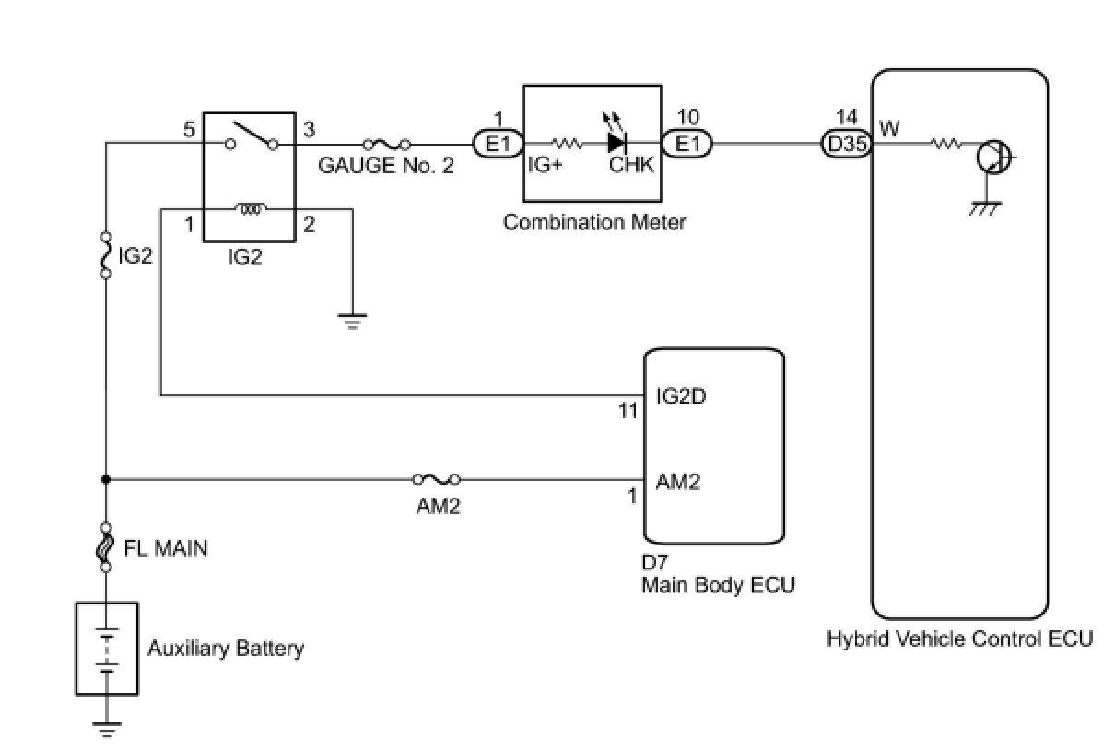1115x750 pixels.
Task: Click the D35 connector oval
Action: (846, 145)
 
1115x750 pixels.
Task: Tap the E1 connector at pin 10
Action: (687, 144)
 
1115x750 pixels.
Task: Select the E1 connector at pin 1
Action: (498, 144)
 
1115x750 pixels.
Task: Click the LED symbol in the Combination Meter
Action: (616, 135)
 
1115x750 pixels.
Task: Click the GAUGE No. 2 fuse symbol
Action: (387, 145)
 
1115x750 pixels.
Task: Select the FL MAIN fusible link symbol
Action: (106, 547)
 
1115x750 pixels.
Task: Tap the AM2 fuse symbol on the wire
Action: (437, 479)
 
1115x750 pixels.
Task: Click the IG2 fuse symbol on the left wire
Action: (106, 255)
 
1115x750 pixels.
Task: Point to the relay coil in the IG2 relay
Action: (250, 208)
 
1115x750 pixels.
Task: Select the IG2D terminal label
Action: (680, 396)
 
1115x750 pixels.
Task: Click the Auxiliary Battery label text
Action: (226, 648)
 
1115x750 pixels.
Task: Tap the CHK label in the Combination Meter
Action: (631, 165)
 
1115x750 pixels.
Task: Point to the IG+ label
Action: (545, 165)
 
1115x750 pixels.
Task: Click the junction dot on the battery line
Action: (106, 479)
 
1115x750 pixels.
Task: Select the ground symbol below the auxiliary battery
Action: (107, 729)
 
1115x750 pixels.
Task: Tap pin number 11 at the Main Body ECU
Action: (628, 411)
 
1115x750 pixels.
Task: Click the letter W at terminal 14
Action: (889, 128)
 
